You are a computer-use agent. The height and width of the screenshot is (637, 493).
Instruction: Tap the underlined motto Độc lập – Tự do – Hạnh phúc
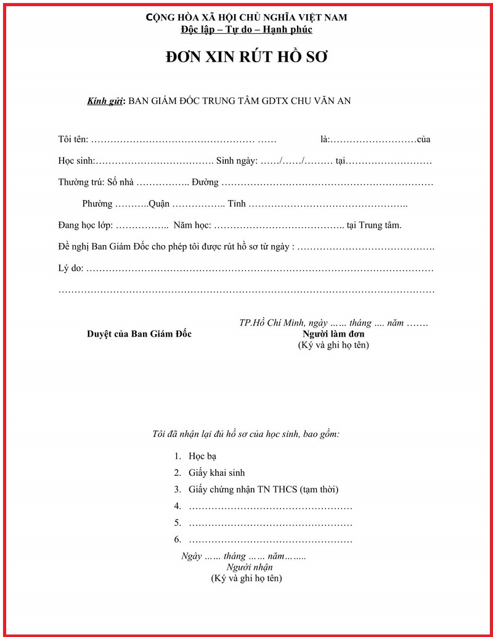[x=246, y=30]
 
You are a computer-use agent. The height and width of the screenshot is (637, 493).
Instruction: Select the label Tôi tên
[x=73, y=139]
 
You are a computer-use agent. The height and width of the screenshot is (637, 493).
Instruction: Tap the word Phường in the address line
[x=97, y=204]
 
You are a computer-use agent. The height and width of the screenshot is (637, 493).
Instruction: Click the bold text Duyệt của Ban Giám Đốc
[x=139, y=334]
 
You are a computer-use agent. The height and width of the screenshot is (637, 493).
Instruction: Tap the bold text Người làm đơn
[x=333, y=334]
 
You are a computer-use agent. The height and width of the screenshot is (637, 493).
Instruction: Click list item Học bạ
[x=203, y=457]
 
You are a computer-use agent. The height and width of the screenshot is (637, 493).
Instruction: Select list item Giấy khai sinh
[x=216, y=473]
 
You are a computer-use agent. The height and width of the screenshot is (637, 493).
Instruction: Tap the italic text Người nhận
[x=250, y=567]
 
